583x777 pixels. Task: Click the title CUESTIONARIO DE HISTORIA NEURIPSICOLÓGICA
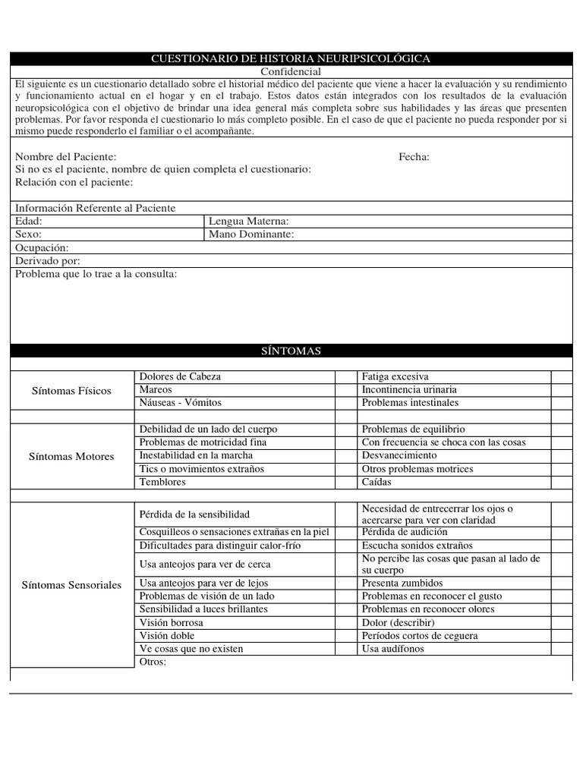pyautogui.click(x=291, y=58)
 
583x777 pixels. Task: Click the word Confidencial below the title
pyautogui.click(x=291, y=71)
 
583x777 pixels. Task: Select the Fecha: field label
pyautogui.click(x=414, y=157)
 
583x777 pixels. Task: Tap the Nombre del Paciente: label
pyautogui.click(x=66, y=157)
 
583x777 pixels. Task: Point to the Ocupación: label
pyautogui.click(x=42, y=248)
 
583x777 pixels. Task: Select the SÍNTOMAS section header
pyautogui.click(x=291, y=351)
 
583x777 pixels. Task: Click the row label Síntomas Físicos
pyautogui.click(x=71, y=391)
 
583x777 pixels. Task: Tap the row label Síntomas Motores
pyautogui.click(x=71, y=456)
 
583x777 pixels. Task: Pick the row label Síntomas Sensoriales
pyautogui.click(x=71, y=585)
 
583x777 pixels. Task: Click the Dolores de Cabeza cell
pyautogui.click(x=181, y=376)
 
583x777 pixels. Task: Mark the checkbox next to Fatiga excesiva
pyautogui.click(x=561, y=376)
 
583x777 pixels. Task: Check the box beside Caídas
pyautogui.click(x=561, y=483)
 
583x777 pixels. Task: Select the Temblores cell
pyautogui.click(x=162, y=483)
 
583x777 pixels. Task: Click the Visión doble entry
pyautogui.click(x=167, y=636)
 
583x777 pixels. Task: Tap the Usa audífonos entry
pyautogui.click(x=393, y=650)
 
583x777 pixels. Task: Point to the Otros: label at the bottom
pyautogui.click(x=153, y=662)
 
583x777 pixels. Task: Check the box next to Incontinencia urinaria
pyautogui.click(x=561, y=390)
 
